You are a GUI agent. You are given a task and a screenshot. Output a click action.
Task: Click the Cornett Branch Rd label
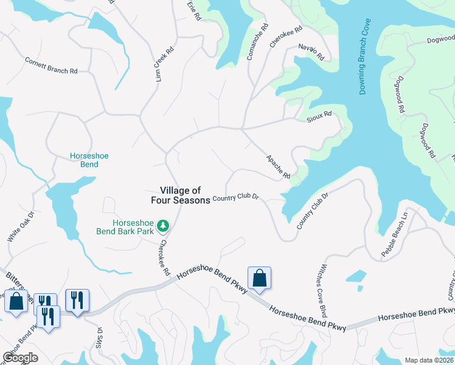click(x=51, y=66)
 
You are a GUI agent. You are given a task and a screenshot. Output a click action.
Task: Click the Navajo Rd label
click(x=311, y=52)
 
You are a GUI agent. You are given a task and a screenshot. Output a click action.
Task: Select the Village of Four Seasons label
click(x=181, y=195)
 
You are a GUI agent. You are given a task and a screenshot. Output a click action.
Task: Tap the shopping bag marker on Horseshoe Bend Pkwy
click(x=259, y=278)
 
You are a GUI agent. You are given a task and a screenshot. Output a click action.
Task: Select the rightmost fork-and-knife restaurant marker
click(x=77, y=301)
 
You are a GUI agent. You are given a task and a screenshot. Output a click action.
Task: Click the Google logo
click(x=20, y=357)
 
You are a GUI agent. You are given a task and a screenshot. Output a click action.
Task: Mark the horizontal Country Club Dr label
click(x=236, y=198)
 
